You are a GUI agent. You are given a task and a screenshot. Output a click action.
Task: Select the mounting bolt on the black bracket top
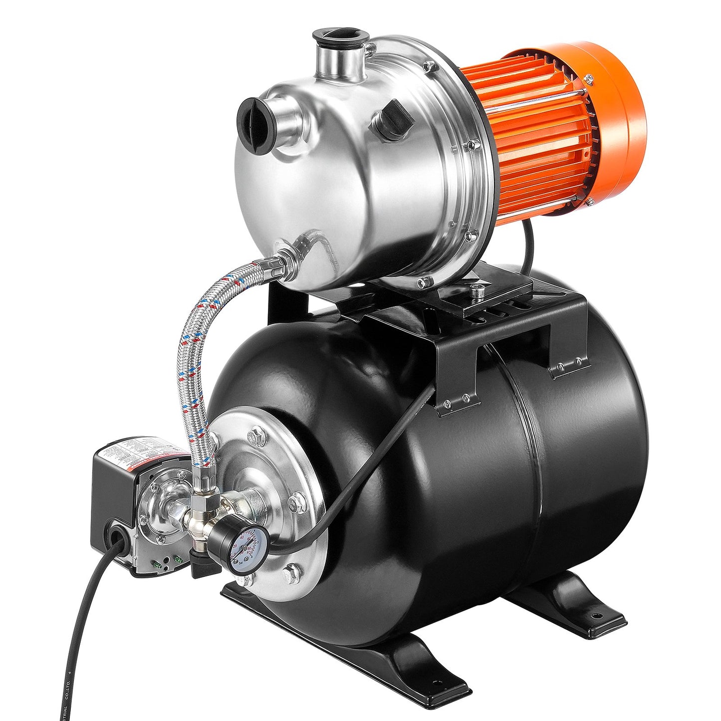[x=478, y=291]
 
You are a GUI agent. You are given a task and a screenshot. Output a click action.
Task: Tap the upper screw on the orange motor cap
[x=589, y=79]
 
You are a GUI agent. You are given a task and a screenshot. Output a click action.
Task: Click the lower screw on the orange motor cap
[x=589, y=202]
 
